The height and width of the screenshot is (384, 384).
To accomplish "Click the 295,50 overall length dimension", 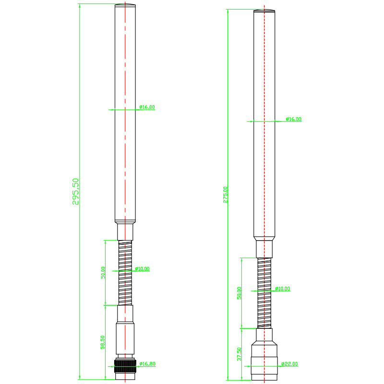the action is pyautogui.click(x=75, y=192).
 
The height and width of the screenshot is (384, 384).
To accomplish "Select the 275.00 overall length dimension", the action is pyautogui.click(x=225, y=195).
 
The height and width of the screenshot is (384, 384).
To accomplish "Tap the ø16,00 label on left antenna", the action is pyautogui.click(x=147, y=107).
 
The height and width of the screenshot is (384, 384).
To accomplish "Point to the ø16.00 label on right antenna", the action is pyautogui.click(x=294, y=119).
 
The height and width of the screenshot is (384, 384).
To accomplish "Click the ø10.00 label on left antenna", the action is pyautogui.click(x=142, y=269).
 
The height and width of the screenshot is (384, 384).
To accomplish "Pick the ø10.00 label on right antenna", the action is pyautogui.click(x=283, y=289).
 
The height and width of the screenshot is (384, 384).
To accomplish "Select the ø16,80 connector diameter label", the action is pyautogui.click(x=147, y=364).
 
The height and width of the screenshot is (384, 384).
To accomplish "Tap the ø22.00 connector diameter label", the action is pyautogui.click(x=289, y=364).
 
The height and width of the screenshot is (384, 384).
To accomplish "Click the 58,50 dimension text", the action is pyautogui.click(x=103, y=342).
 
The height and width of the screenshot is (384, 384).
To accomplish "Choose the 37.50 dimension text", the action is pyautogui.click(x=239, y=354).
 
